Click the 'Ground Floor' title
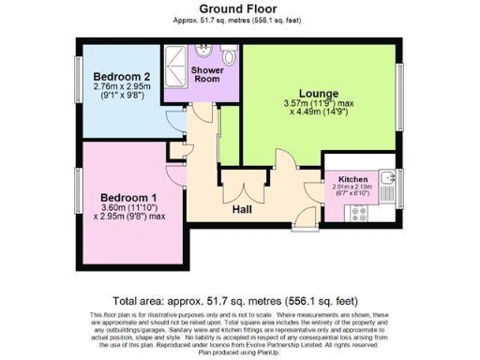pyautogui.click(x=239, y=9)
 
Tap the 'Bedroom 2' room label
pyautogui.click(x=116, y=76)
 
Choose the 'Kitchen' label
pyautogui.click(x=352, y=177)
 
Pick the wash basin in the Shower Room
pyautogui.click(x=225, y=52)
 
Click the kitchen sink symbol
pyautogui.click(x=387, y=179)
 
